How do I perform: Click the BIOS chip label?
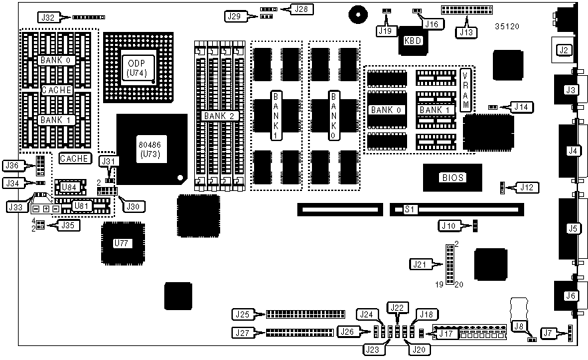452,178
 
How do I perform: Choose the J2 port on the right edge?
564,49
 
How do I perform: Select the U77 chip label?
121,243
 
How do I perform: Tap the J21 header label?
420,264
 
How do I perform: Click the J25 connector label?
241,313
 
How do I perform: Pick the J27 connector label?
241,332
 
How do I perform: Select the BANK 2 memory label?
219,115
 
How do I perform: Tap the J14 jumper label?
520,106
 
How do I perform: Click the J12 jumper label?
525,188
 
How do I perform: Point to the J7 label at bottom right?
548,332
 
